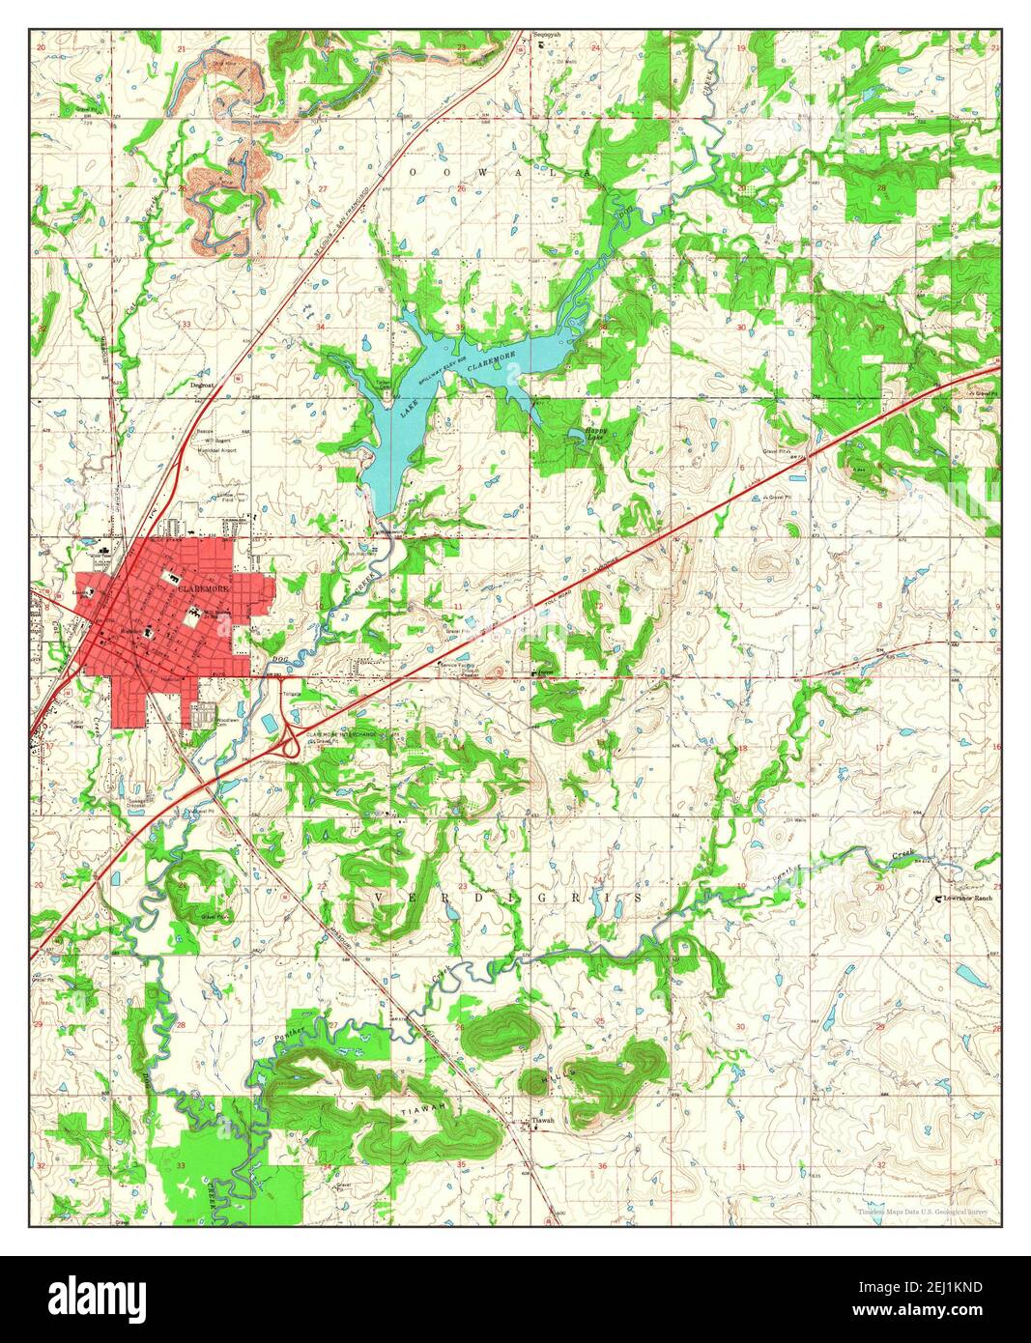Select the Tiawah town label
click(x=544, y=1121)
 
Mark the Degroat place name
click(x=201, y=384)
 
